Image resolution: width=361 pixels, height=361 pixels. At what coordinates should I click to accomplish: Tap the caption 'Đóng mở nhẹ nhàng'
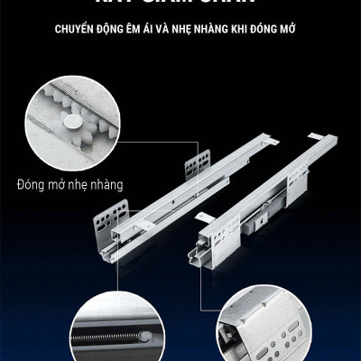pos(69,185)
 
